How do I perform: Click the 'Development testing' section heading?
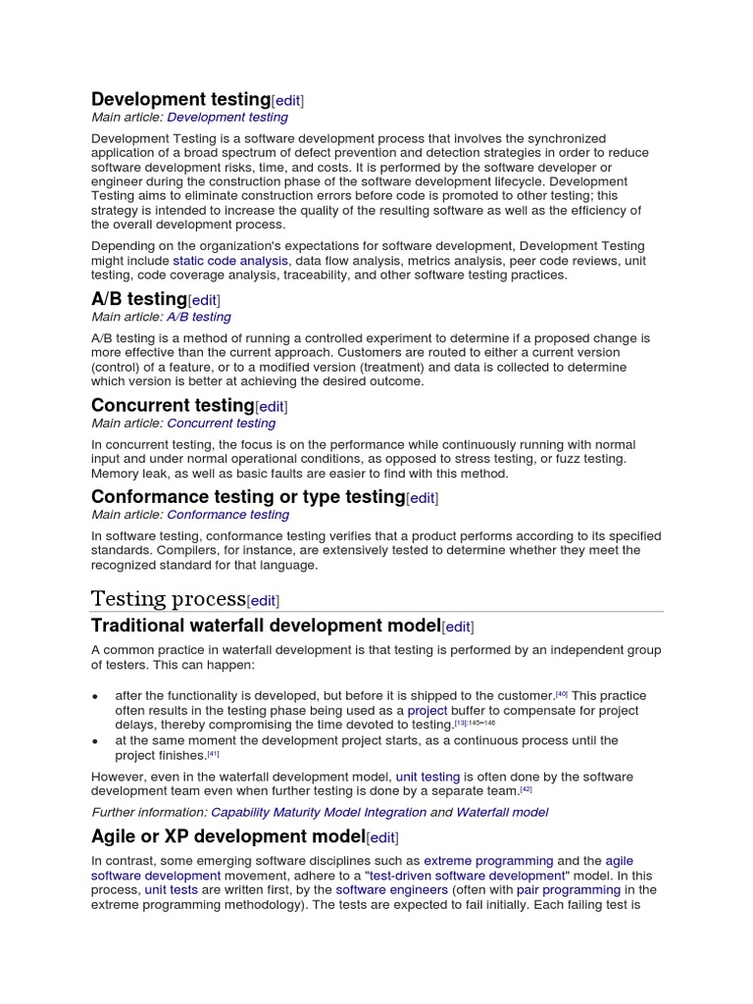point(180,99)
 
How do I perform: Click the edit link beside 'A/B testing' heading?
point(204,300)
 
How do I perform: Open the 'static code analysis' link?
point(230,261)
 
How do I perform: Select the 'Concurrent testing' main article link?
point(221,424)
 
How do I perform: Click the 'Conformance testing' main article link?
point(227,515)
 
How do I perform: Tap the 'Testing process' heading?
point(168,599)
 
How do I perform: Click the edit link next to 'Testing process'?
point(263,601)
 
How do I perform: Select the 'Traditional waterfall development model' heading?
point(266,626)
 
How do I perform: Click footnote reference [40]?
point(562,693)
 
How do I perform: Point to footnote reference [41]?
point(213,754)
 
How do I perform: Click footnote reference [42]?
point(526,788)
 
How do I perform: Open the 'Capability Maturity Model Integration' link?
point(319,812)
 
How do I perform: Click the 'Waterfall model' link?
point(502,812)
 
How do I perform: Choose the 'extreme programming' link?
point(488,861)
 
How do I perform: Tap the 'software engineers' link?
point(392,890)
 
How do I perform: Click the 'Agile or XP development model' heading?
point(227,836)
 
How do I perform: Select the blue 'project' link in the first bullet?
point(427,710)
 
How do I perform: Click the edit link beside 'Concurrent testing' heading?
point(272,406)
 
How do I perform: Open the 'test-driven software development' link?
point(466,876)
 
